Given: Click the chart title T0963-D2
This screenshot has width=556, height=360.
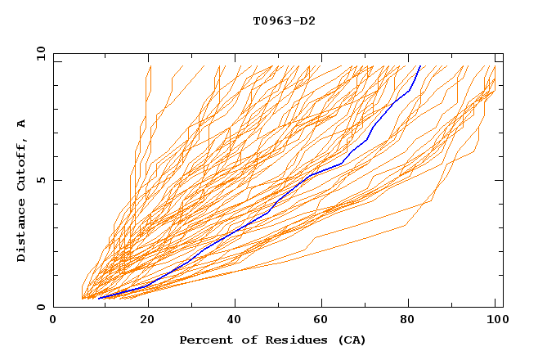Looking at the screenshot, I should (x=284, y=20).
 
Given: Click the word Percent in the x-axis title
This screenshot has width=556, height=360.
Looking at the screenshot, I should (x=205, y=340).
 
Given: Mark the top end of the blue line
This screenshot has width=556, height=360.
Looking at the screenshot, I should (x=419, y=65).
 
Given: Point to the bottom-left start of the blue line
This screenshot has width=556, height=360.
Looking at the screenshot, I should (x=98, y=298).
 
